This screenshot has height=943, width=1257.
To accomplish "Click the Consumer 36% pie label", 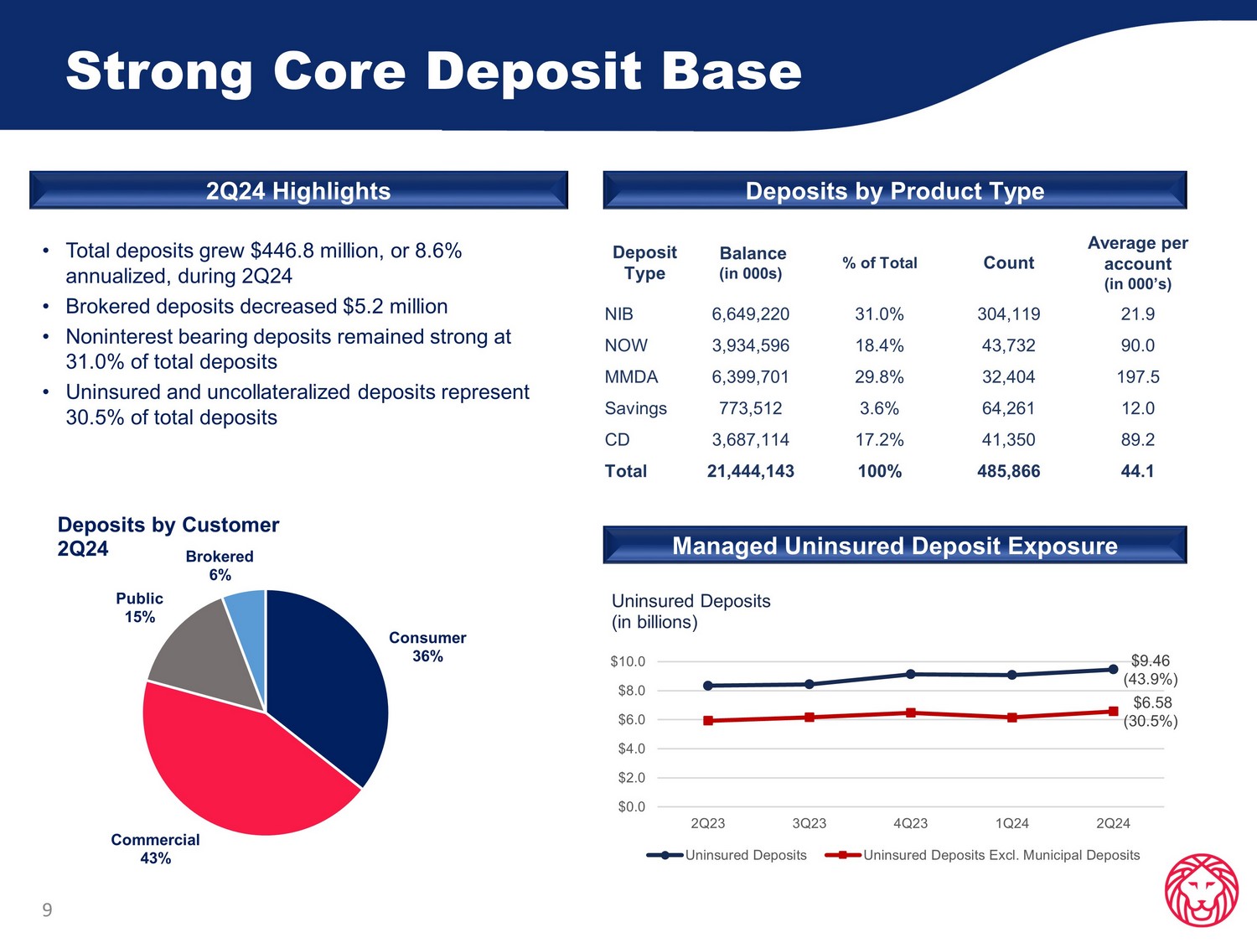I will [427, 647].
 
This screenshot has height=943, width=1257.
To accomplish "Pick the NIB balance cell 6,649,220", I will [750, 314].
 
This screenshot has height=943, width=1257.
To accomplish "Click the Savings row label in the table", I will [635, 408].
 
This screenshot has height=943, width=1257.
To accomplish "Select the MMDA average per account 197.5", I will [1137, 377].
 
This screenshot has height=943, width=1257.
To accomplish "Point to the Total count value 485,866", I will [1008, 471].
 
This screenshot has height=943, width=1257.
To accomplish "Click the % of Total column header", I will [879, 263].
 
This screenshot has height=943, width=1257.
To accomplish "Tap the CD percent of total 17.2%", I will [879, 440].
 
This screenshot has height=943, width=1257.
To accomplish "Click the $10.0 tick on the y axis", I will [628, 661].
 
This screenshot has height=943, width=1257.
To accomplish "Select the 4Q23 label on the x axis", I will [910, 823].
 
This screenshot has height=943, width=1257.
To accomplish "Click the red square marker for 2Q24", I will [1113, 711].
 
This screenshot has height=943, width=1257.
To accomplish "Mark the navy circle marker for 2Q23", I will [708, 686].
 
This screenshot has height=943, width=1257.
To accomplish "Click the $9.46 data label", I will [1150, 661].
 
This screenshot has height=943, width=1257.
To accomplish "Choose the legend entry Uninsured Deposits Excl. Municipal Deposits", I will [1001, 855].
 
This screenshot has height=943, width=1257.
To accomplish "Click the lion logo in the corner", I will [1201, 890].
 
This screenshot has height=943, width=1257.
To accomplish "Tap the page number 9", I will [47, 909].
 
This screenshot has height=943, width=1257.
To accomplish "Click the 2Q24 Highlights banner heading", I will [298, 191].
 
